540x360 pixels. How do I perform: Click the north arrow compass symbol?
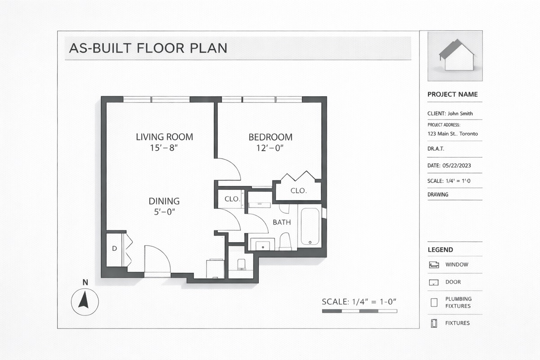click(85, 301)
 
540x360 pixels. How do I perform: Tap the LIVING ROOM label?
click(164, 137)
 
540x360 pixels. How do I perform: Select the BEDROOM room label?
click(270, 137)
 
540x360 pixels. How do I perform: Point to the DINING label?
click(164, 201)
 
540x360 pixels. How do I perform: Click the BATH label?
click(282, 222)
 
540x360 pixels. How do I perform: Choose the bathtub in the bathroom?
click(310, 226)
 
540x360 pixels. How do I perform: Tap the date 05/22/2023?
click(457, 166)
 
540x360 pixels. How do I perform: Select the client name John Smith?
click(460, 113)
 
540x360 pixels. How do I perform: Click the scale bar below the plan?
click(360, 311)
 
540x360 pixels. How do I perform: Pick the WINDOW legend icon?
click(434, 265)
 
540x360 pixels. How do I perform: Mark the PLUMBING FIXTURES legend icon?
click(434, 302)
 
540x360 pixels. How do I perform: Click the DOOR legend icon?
click(434, 282)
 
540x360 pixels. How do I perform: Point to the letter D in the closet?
click(114, 248)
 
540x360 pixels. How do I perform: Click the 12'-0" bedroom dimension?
click(270, 148)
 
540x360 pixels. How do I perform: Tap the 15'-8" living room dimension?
click(164, 148)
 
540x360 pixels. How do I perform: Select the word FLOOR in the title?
click(161, 48)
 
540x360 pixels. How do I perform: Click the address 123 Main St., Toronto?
click(453, 134)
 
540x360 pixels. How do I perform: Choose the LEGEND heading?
click(441, 250)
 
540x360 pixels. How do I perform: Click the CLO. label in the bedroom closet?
click(299, 191)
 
